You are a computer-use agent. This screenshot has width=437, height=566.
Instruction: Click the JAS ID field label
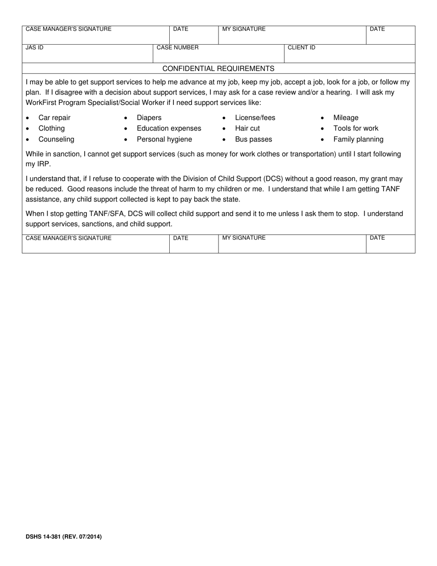[34, 47]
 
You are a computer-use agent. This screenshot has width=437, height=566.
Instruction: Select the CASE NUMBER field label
[178, 47]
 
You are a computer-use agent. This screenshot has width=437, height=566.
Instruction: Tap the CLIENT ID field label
[301, 47]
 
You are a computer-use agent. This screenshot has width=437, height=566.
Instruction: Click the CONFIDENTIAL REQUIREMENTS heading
[218, 69]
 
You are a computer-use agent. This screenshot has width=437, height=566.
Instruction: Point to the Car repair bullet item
[54, 118]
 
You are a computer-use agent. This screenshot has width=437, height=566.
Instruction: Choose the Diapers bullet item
[149, 118]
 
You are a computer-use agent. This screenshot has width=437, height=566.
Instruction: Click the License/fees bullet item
[255, 118]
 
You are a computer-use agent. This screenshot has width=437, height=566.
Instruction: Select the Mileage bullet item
[345, 118]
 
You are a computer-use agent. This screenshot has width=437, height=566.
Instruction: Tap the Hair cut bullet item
[247, 128]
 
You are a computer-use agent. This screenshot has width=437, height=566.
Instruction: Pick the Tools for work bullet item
[356, 128]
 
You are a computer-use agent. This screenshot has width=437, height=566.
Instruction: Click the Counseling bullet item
[56, 139]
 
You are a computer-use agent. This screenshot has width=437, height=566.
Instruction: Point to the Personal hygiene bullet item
[164, 139]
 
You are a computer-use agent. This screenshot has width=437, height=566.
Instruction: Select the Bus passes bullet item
[253, 139]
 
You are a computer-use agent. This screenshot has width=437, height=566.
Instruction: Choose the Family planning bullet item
[358, 139]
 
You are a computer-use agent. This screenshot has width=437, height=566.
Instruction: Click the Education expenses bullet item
[169, 128]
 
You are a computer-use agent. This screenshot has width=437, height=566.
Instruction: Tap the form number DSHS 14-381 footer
[63, 537]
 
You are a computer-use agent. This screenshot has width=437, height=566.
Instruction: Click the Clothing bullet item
[52, 128]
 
